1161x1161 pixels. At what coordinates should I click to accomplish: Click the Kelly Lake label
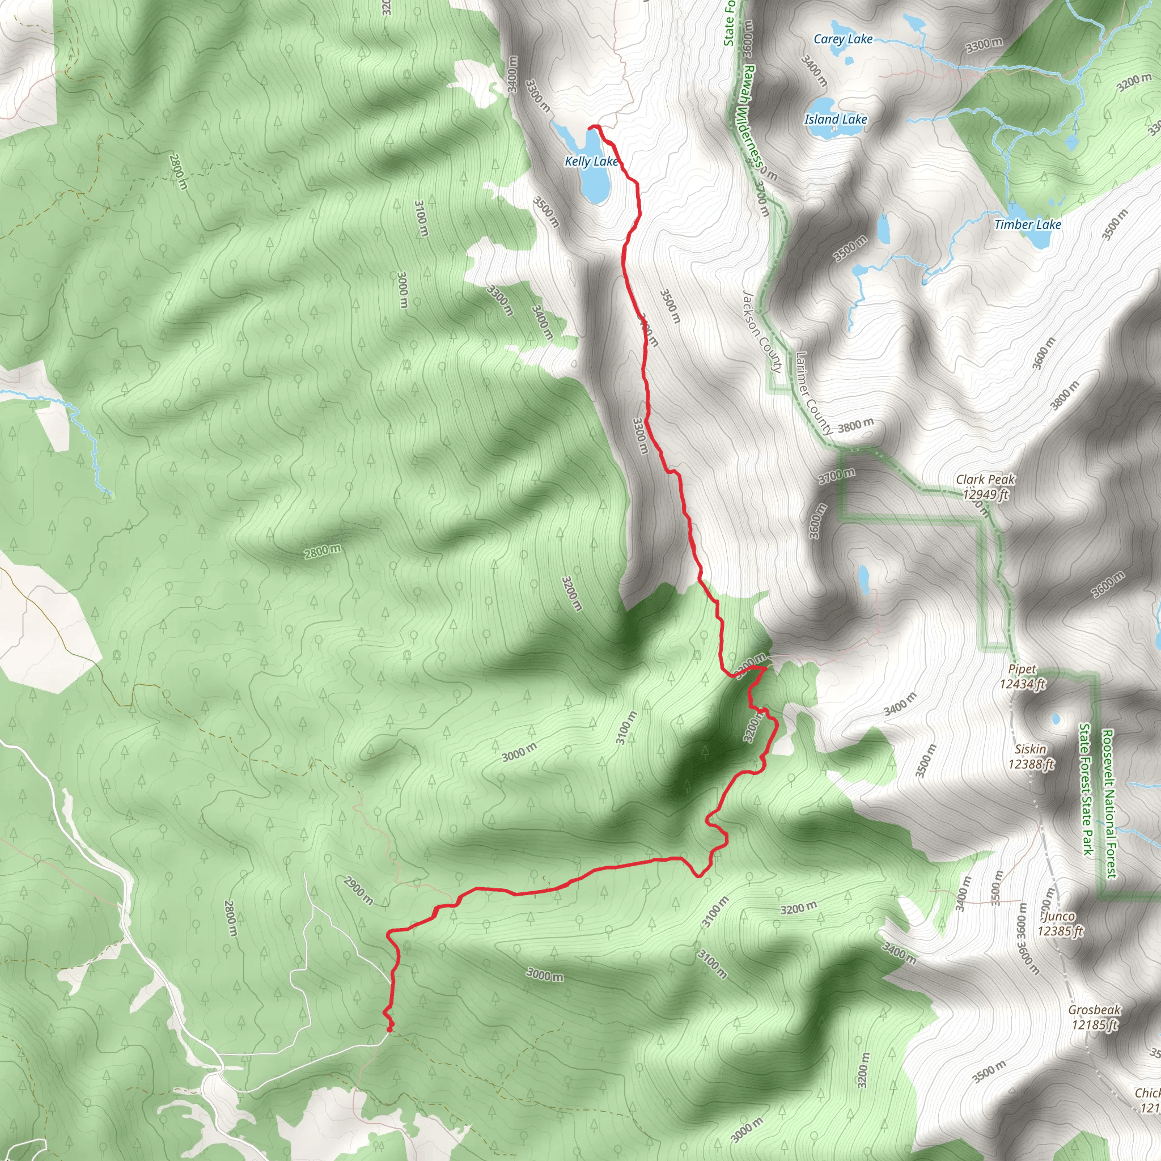[x=590, y=161]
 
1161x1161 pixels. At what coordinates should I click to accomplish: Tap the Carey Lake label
[x=842, y=40]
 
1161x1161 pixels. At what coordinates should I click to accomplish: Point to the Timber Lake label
[x=1028, y=224]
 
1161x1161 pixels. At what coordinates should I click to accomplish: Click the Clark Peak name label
[x=985, y=480]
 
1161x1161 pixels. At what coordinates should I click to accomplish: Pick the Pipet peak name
[x=1022, y=670]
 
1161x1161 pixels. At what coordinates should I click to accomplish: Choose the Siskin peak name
[x=1031, y=749]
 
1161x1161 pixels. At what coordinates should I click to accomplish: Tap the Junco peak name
[x=1059, y=917]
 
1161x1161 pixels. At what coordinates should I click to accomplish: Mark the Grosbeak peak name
[x=1094, y=1010]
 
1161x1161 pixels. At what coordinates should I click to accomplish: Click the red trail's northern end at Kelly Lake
[x=591, y=127]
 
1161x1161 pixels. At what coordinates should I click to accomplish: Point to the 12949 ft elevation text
[x=985, y=494]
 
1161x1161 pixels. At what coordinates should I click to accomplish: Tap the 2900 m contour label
[x=358, y=891]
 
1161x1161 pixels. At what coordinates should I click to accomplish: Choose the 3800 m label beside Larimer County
[x=855, y=426]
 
